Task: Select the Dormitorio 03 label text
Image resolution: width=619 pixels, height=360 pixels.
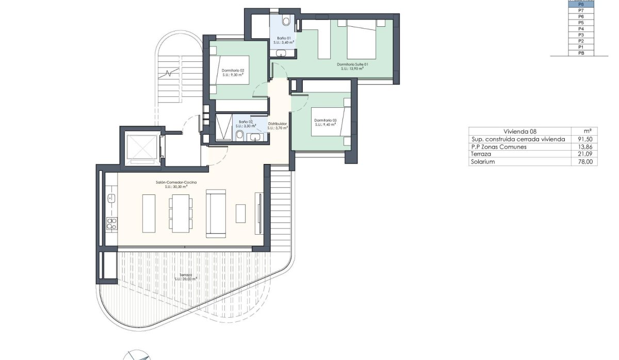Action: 325,121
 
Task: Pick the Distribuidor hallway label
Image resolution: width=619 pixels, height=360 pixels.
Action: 277,124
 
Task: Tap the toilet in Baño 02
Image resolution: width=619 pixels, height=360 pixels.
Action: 240,135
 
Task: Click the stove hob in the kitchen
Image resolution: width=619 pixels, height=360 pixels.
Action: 111,223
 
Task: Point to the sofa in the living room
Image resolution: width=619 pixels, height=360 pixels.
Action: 215,213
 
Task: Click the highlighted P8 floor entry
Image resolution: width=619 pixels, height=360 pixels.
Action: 581,4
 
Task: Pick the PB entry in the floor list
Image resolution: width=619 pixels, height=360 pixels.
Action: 581,53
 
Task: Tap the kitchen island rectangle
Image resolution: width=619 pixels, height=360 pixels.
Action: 149,213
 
